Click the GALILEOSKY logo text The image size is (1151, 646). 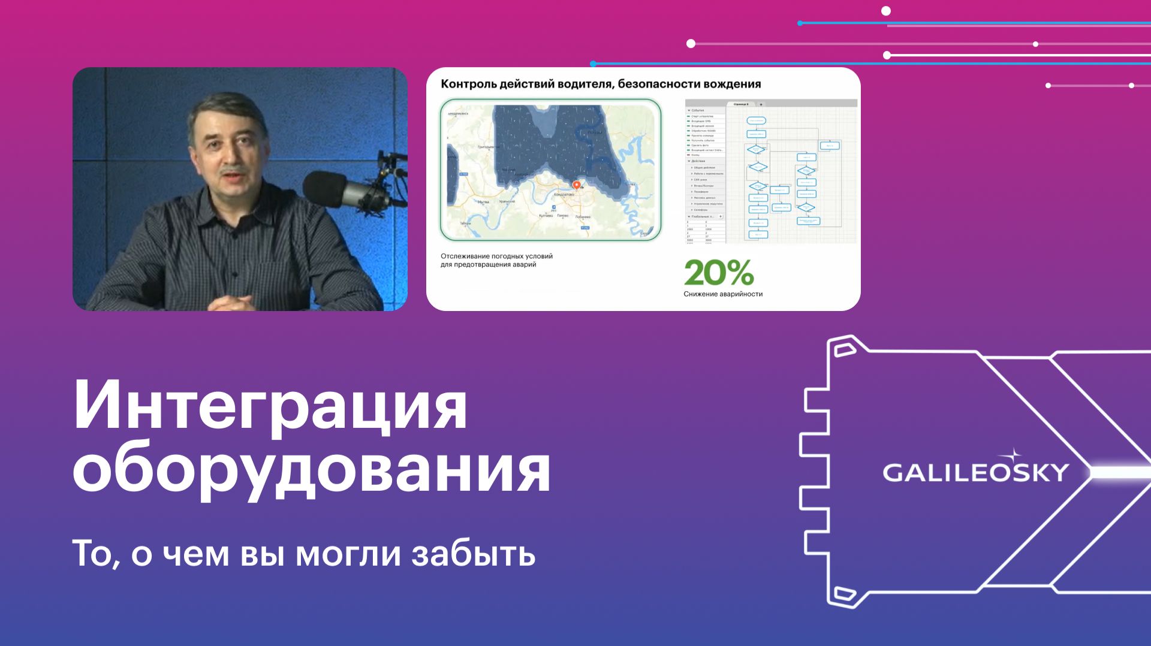(975, 473)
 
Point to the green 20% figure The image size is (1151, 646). (718, 273)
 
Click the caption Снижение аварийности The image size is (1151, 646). (723, 294)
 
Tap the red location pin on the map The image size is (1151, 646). (577, 185)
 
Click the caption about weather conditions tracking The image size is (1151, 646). (496, 260)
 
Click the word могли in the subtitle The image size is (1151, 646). (348, 554)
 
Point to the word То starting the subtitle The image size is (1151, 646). (92, 554)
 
